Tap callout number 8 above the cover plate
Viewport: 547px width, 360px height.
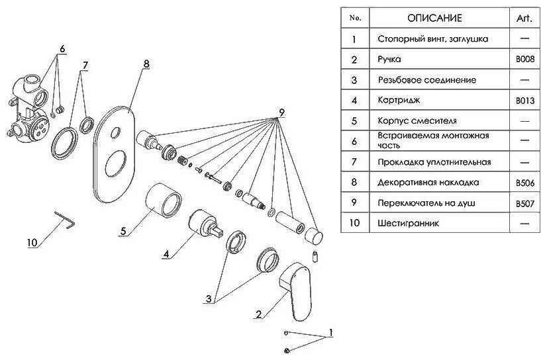(146, 64)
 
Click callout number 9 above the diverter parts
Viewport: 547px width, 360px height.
(281, 112)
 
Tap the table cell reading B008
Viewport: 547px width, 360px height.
(525, 60)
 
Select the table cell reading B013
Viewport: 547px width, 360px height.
(525, 101)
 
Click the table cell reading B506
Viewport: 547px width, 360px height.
(525, 182)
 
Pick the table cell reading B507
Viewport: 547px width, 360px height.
(525, 202)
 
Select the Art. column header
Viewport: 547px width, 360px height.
(525, 18)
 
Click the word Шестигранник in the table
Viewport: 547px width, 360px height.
(408, 223)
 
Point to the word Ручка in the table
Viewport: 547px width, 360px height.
(389, 60)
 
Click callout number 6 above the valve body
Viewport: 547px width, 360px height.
(62, 49)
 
